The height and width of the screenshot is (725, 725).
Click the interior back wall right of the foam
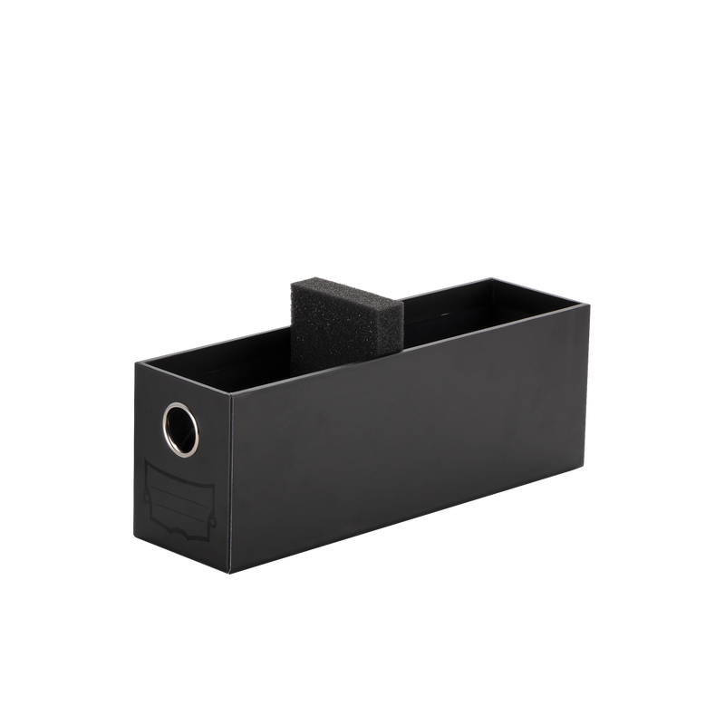coord(471,304)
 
